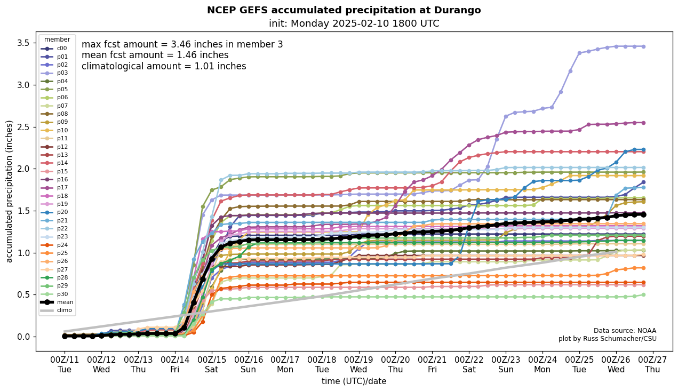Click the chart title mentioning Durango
point(344,10)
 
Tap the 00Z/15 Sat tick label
point(212,364)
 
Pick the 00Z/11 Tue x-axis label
point(65,364)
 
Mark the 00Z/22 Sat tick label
point(469,364)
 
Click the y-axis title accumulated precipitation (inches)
point(10,191)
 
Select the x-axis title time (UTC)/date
point(354,381)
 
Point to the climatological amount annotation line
point(164,66)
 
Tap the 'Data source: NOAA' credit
point(625,331)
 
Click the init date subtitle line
point(354,23)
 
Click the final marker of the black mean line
point(643,214)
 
